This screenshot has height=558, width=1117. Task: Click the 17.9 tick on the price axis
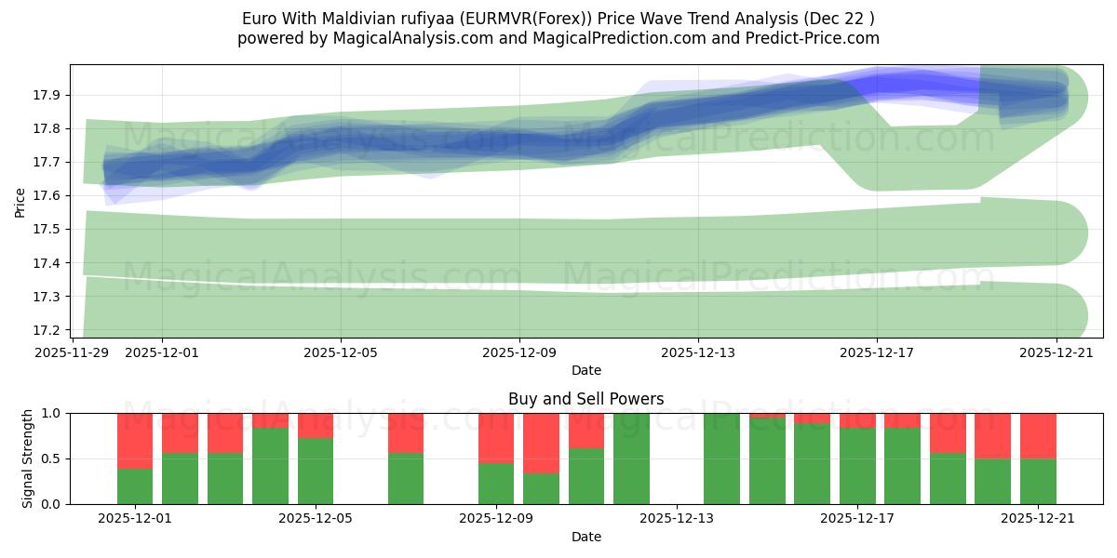coord(48,95)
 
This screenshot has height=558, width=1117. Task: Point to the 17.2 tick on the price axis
coord(48,330)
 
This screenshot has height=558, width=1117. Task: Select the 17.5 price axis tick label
coord(48,230)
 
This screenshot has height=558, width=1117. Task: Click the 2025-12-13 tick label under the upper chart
coord(698,352)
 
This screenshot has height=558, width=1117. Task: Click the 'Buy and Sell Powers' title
coord(585,399)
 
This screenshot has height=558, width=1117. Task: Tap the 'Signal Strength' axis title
coord(28,458)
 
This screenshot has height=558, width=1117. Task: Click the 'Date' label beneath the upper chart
coord(585,370)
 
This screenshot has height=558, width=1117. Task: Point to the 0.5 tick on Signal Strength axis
coord(51,458)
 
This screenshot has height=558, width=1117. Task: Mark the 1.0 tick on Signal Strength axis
coord(51,413)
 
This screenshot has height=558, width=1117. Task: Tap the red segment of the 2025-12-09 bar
coord(496,437)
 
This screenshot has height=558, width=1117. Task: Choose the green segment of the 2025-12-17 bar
coord(857,465)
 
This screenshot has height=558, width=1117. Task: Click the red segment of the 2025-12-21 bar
coord(1038,435)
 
